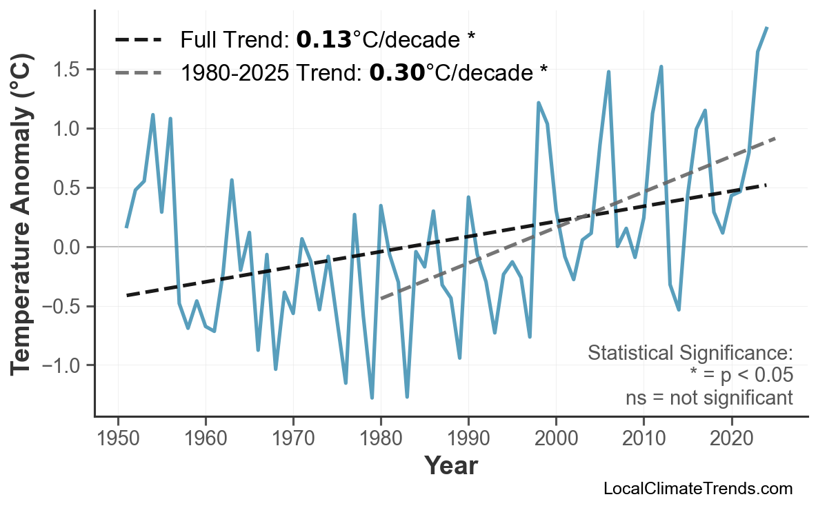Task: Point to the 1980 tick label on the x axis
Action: pos(381,439)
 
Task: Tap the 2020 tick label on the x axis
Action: pos(731,439)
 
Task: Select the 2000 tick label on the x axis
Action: pos(556,439)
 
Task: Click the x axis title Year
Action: pos(450,466)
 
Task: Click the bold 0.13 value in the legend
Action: pos(323,40)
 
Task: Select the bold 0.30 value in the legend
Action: pos(397,72)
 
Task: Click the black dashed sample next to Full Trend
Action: pos(138,40)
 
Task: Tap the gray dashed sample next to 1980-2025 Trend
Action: pos(138,72)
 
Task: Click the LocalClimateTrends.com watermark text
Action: pos(697,489)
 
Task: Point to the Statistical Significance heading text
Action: pos(690,354)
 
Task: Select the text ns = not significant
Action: pos(709,398)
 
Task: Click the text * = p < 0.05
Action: pos(741,376)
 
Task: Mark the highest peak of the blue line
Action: pos(767,28)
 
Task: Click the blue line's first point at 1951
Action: pos(126,227)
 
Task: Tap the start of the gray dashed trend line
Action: pos(381,298)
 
